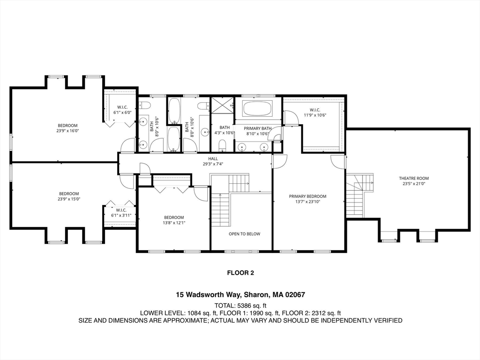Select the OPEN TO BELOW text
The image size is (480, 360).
(x=244, y=234)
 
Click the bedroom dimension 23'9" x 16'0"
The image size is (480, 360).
(x=67, y=131)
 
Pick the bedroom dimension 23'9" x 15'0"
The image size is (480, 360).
(x=68, y=199)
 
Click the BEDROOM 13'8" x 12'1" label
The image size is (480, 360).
(x=174, y=220)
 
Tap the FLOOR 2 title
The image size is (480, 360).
(x=240, y=272)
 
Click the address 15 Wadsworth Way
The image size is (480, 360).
(x=208, y=295)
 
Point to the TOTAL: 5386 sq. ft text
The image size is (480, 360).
(x=240, y=305)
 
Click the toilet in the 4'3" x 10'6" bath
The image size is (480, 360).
(x=223, y=144)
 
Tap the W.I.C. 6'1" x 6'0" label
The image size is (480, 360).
(x=122, y=110)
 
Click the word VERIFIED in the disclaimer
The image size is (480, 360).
(x=387, y=321)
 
